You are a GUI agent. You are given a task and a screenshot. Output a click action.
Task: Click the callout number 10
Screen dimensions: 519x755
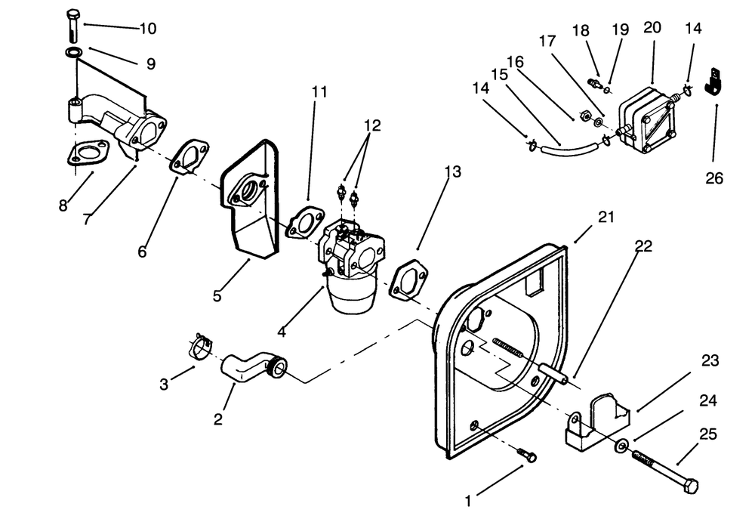tap(147, 29)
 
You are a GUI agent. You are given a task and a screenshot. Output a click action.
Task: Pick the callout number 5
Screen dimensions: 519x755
tap(217, 295)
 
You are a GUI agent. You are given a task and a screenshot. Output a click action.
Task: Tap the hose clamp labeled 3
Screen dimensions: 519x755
tap(199, 348)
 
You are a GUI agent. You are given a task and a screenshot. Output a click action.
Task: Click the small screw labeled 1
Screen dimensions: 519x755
tap(527, 456)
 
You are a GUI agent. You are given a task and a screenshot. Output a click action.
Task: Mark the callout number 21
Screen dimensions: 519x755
tap(606, 218)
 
